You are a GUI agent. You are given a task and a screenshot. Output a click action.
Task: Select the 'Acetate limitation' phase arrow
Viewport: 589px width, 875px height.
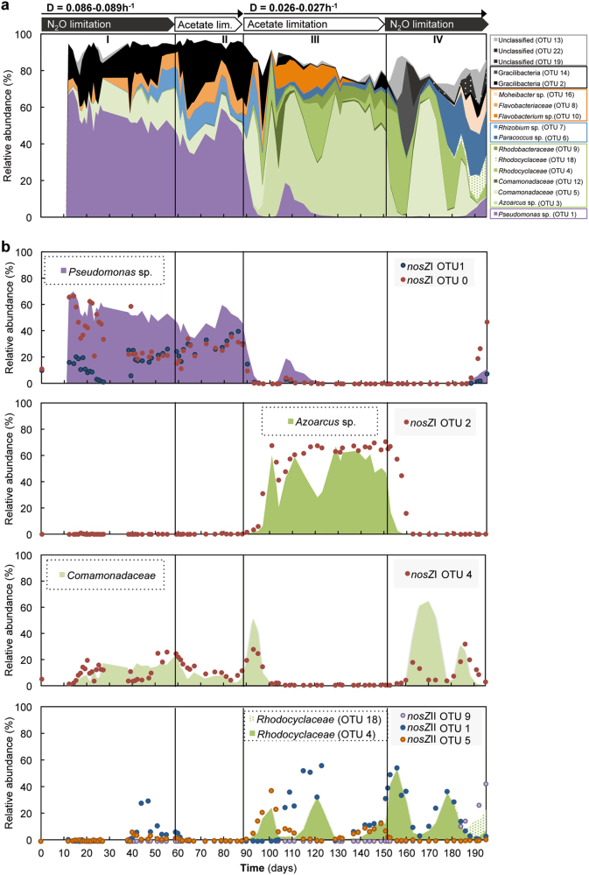pos(312,25)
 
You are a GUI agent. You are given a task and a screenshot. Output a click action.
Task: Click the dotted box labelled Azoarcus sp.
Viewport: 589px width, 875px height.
pos(319,422)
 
